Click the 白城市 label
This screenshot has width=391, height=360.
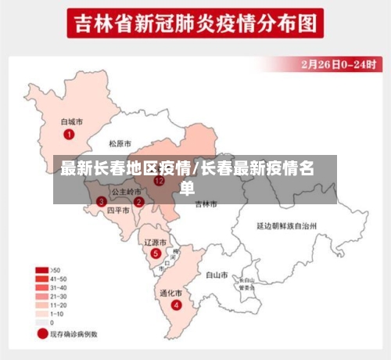[x=72, y=122]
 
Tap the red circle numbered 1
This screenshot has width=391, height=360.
[x=69, y=135]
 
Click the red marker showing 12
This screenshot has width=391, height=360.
[x=160, y=180]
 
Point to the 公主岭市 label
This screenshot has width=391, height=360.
[x=126, y=191]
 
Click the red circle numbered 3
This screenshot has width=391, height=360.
[x=101, y=201]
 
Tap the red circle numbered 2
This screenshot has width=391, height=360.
[x=138, y=201]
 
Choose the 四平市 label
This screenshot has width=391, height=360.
[x=117, y=211]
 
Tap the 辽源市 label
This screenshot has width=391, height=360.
[x=156, y=243]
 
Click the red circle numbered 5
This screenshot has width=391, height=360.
[x=156, y=254]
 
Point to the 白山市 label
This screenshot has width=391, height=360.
[x=216, y=275]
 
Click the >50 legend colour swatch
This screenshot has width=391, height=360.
[x=41, y=270]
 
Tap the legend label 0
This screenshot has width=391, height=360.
[x=52, y=322]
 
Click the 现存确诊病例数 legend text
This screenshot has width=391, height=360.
[x=75, y=334]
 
